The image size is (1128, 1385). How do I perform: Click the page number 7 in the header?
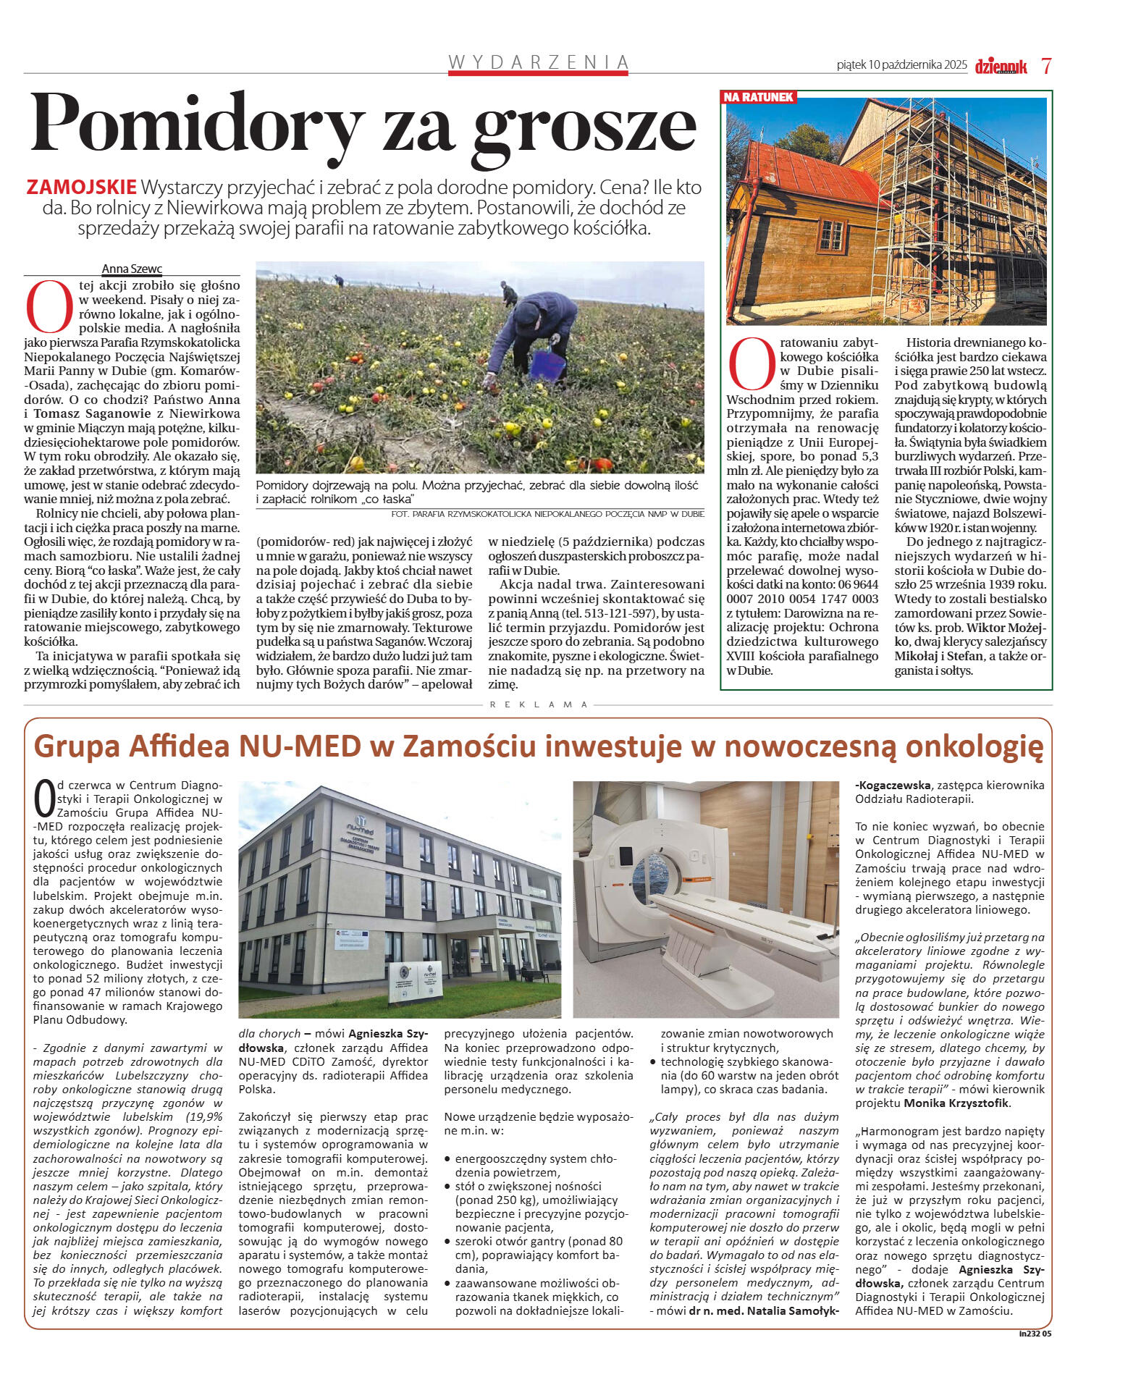coord(1046,66)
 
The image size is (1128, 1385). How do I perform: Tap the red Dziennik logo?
coord(1001,66)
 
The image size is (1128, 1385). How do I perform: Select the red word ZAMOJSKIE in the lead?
coord(81,188)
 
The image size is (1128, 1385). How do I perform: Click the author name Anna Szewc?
coord(132,269)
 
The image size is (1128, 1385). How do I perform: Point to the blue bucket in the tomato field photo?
coord(547,366)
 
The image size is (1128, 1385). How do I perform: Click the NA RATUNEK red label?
coord(759,97)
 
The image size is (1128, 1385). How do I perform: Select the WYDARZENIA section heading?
coord(538,62)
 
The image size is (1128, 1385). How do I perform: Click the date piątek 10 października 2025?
coord(901,65)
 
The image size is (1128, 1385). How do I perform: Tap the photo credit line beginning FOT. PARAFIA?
coord(547,513)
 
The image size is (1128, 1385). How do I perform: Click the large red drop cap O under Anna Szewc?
coord(49,304)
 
